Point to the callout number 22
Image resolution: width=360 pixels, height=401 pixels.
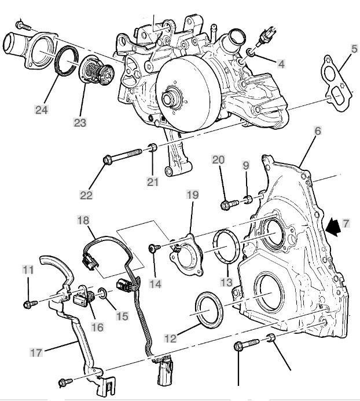point(85,196)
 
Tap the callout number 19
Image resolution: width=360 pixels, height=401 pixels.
point(192,195)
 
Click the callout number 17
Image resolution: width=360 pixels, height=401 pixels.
point(36,351)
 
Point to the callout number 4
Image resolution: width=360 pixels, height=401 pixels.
point(281,63)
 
